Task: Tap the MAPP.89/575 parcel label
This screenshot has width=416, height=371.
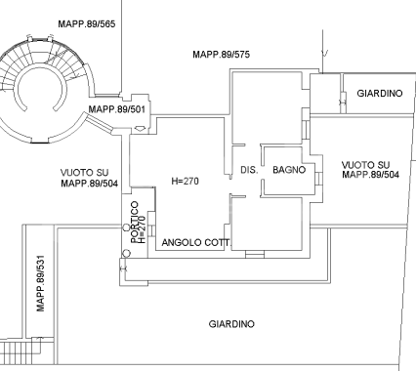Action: tap(223, 55)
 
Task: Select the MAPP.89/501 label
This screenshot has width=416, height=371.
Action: tap(116, 109)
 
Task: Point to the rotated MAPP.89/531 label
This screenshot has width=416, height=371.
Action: tap(41, 283)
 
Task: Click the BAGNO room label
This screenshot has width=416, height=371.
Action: tap(290, 170)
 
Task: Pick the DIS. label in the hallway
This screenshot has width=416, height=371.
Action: tap(248, 170)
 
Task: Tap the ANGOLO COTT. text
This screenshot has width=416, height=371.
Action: tap(193, 242)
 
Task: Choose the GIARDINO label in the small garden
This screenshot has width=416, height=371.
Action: tap(380, 94)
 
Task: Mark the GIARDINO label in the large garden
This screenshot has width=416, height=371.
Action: tap(231, 323)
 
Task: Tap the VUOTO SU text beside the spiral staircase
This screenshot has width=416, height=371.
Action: tap(85, 170)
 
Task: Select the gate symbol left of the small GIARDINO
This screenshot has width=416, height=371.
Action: tap(343, 96)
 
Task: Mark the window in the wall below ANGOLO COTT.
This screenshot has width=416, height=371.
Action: tap(254, 256)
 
